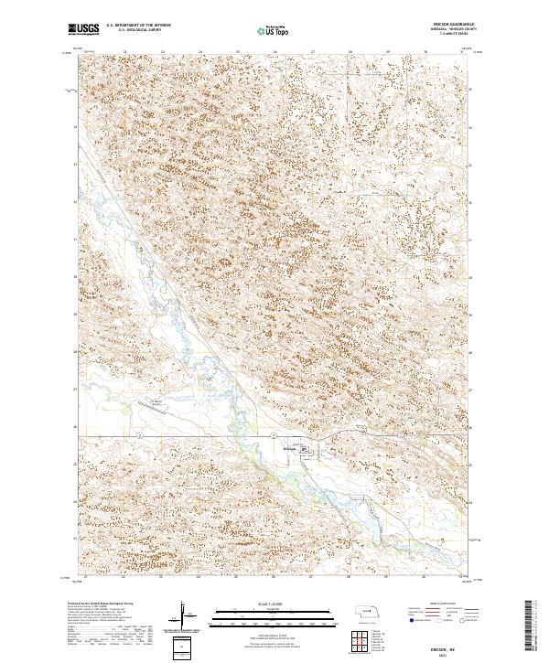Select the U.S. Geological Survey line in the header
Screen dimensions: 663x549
tap(134, 30)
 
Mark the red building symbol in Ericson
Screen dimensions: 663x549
tap(318, 449)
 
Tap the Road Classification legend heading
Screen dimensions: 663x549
tap(440, 604)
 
